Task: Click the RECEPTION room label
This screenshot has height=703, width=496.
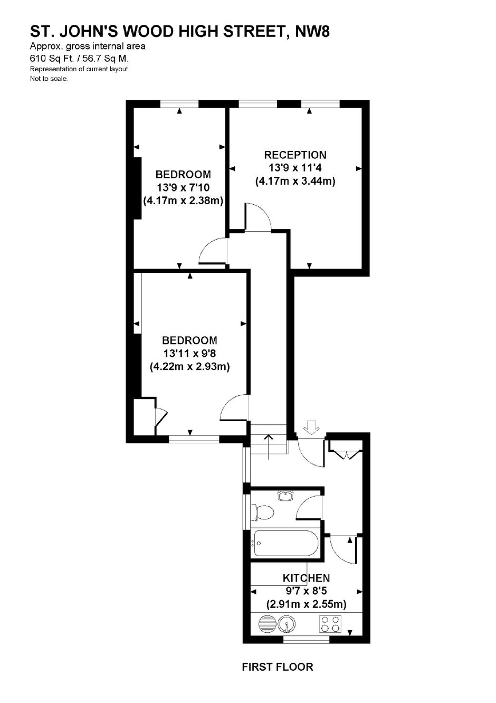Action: pos(295,155)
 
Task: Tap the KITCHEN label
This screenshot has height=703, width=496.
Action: pos(306,578)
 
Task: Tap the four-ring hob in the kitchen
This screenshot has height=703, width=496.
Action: pos(330,624)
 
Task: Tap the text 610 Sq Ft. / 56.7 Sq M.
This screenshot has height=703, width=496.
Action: pos(79,58)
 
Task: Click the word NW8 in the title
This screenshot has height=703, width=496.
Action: pos(312,32)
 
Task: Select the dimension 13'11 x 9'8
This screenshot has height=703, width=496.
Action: pos(189,354)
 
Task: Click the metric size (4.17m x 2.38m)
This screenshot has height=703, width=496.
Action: pos(183,201)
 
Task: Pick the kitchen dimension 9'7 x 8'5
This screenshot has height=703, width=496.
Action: pos(306,591)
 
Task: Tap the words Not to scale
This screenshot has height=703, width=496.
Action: pos(49,79)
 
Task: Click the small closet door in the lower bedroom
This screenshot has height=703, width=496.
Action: pos(161,417)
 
